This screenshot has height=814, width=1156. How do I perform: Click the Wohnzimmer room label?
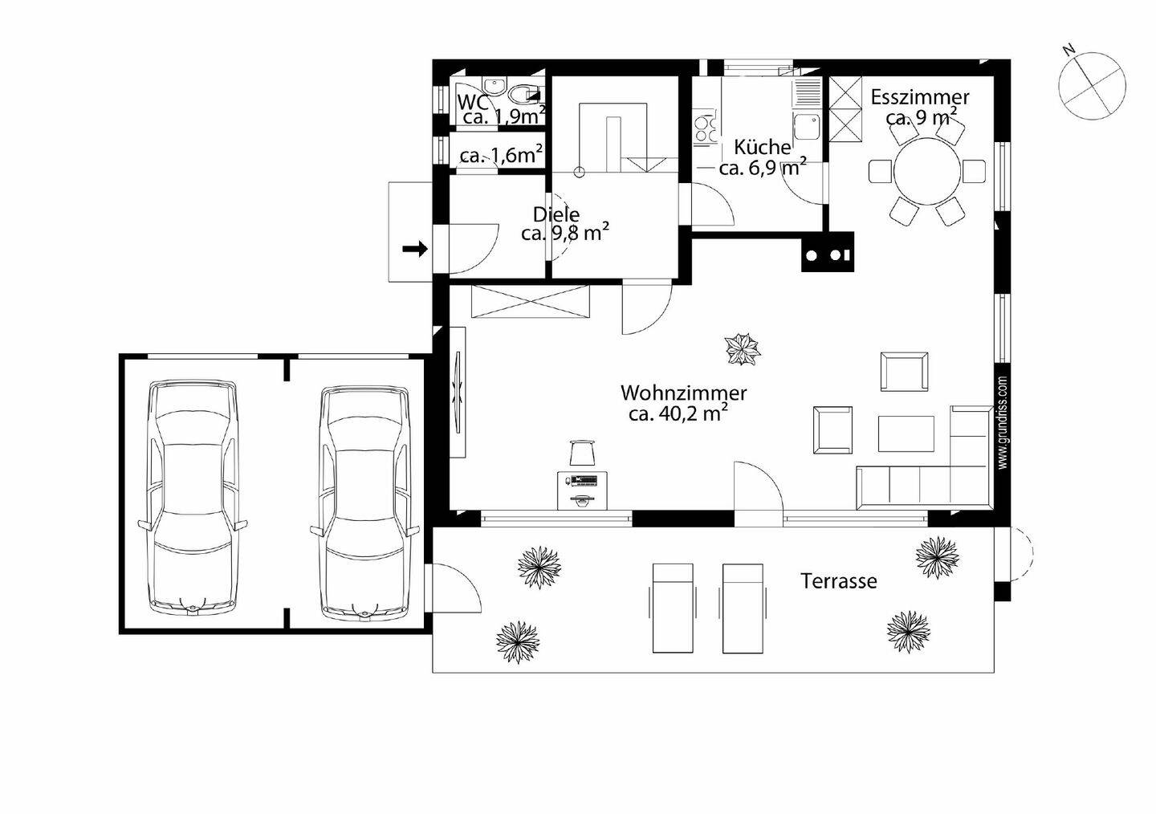click(x=683, y=393)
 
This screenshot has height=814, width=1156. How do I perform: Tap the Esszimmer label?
click(x=920, y=97)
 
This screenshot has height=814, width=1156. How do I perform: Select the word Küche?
click(x=763, y=148)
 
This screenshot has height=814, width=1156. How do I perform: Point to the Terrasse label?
click(x=839, y=581)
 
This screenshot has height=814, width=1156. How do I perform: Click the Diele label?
click(x=556, y=214)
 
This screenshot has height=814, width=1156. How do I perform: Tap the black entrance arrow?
click(x=415, y=250)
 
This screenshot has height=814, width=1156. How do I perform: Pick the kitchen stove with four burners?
click(x=705, y=128)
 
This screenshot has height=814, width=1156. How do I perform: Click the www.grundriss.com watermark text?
click(x=1003, y=423)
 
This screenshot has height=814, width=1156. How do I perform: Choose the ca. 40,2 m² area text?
click(x=678, y=413)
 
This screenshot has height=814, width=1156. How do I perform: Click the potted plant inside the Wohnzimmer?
click(x=743, y=349)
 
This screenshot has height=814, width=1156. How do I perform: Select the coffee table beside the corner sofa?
click(x=906, y=433)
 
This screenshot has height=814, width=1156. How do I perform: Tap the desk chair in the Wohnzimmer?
click(x=582, y=453)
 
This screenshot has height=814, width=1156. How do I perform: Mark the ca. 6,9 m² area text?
click(x=763, y=167)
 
